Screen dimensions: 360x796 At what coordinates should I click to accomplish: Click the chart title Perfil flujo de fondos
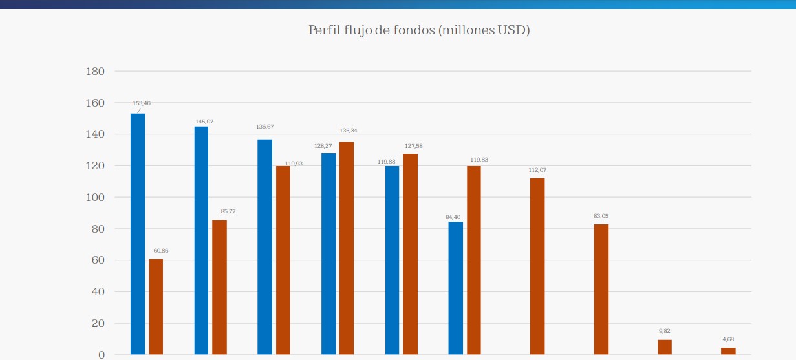click(x=419, y=30)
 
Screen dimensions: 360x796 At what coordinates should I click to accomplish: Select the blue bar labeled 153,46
click(x=138, y=233)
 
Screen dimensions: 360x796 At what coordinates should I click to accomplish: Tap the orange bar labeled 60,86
click(x=156, y=306)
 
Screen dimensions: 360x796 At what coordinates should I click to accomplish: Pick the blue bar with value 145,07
click(x=201, y=239)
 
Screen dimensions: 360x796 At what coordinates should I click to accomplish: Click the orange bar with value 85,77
click(x=219, y=287)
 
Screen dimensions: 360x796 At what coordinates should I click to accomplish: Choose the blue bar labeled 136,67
click(x=264, y=246)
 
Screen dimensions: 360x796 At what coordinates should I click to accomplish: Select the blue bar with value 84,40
click(x=455, y=288)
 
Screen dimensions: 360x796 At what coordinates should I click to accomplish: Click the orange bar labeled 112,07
click(x=537, y=266)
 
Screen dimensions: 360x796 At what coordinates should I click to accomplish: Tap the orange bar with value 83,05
click(x=601, y=289)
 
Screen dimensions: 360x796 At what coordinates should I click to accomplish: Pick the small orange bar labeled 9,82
click(x=665, y=347)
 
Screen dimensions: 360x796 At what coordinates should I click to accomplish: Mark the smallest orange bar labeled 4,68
click(x=728, y=351)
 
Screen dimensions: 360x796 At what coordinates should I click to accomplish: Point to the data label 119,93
click(x=294, y=164)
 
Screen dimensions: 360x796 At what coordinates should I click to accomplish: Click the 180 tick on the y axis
click(x=95, y=71)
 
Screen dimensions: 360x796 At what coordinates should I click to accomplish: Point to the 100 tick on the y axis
click(x=95, y=197)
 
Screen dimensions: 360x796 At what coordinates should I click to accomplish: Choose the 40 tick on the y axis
click(x=97, y=291)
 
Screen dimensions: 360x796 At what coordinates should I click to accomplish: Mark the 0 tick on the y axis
click(x=101, y=355)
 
